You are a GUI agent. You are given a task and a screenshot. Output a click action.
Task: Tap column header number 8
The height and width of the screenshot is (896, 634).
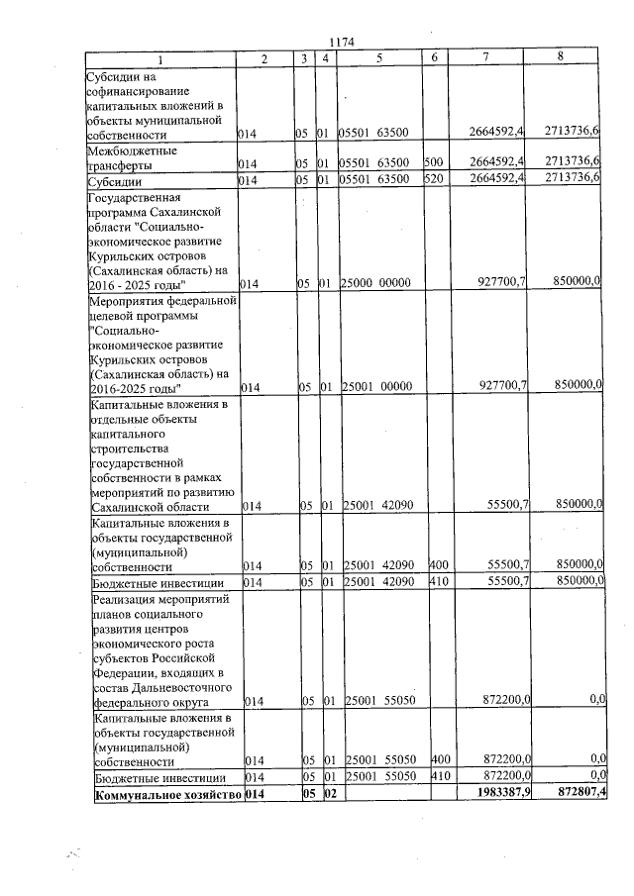coord(561,57)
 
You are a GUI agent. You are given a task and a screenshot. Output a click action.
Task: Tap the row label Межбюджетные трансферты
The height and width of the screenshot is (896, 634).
coord(134,156)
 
